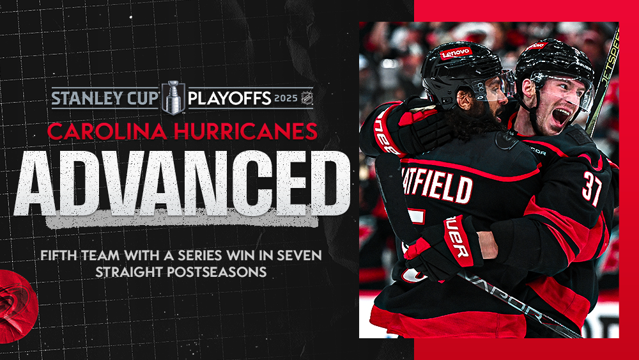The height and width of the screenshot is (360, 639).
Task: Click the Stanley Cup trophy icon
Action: pos(173,97)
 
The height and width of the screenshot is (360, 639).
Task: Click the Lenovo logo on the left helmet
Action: pos(456,52)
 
